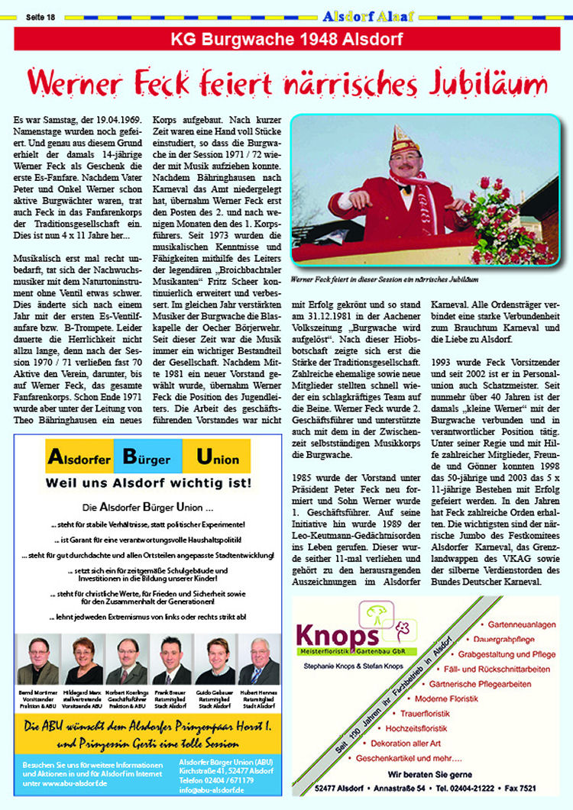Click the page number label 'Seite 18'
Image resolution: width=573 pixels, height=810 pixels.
(x=40, y=15)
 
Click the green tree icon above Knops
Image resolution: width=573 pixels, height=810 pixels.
(x=374, y=612)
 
